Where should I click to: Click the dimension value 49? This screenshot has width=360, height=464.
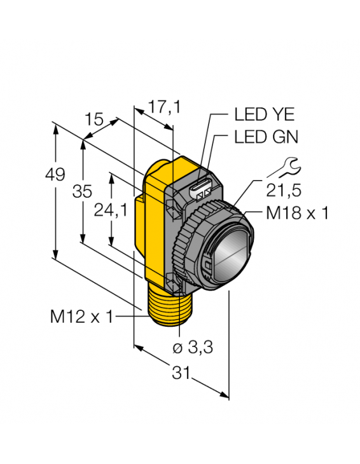pyautogui.click(x=56, y=174)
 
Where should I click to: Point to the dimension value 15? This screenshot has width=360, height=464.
pyautogui.click(x=93, y=119)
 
